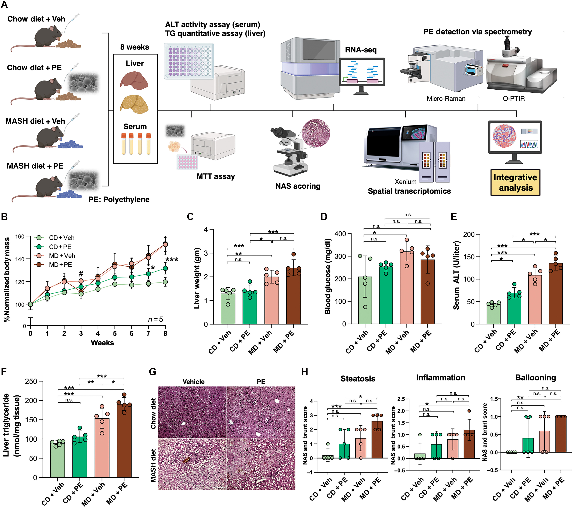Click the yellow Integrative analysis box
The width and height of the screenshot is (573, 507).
click(x=515, y=182)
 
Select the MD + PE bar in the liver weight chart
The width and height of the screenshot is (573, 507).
click(x=293, y=296)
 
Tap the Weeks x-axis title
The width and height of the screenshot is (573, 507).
click(x=102, y=343)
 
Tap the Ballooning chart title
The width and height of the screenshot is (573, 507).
click(x=535, y=378)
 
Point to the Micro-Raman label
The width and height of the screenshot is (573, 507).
click(x=446, y=98)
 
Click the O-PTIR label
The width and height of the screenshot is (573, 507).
click(x=514, y=98)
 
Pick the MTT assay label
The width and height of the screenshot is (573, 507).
click(x=216, y=177)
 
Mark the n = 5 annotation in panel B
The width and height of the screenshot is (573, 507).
click(x=155, y=319)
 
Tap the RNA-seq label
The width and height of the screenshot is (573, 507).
click(x=361, y=50)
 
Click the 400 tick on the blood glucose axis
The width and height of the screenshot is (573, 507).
click(x=340, y=234)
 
